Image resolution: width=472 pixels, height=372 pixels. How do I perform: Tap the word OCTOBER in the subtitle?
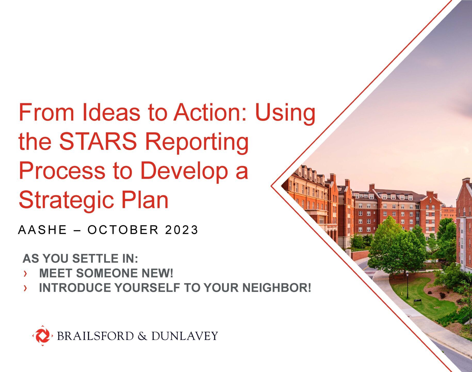click(x=123, y=230)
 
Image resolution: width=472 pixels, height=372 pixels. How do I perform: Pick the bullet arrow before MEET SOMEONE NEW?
click(x=25, y=273)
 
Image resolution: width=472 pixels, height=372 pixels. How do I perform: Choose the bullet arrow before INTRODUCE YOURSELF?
click(x=25, y=288)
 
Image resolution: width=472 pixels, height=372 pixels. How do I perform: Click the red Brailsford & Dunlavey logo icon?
click(x=43, y=336)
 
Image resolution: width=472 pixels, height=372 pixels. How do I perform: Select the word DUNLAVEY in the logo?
click(x=184, y=336)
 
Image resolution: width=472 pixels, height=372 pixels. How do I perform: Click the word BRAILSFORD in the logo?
click(x=95, y=336)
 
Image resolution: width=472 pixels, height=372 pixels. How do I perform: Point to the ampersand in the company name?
click(x=142, y=336)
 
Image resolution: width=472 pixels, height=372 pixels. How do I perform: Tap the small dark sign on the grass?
click(x=417, y=300)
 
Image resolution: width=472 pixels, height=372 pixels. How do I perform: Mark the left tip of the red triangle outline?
click(x=272, y=185)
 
